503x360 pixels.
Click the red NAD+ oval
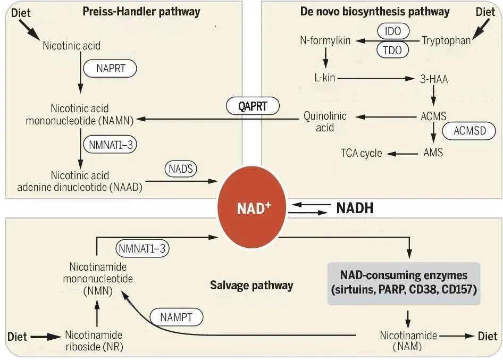[251, 207]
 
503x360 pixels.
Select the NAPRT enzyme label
[110, 69]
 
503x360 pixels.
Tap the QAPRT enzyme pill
[253, 106]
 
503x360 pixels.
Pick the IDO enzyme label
[393, 31]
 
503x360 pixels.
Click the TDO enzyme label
[392, 50]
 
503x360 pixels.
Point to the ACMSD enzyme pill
[470, 131]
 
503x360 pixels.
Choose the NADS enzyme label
[181, 169]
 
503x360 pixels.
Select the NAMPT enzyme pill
[177, 317]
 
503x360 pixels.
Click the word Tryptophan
[446, 40]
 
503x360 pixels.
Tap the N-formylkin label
[325, 40]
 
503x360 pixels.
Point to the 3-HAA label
[434, 79]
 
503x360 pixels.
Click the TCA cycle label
[361, 153]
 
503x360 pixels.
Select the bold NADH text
[355, 208]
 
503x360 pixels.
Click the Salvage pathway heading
[251, 285]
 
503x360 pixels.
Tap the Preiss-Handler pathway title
[141, 12]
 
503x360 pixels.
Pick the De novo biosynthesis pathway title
[375, 12]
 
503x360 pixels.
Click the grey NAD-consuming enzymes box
[404, 283]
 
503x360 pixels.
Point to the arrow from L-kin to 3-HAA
[376, 78]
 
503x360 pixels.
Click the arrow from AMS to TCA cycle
[403, 154]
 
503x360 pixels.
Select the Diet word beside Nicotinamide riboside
[17, 337]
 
